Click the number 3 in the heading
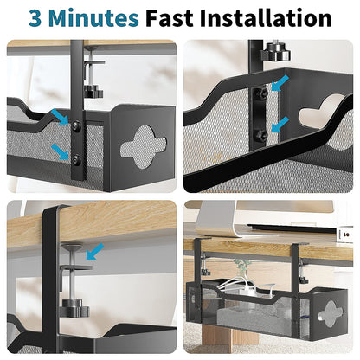(36, 17)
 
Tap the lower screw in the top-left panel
(76, 159)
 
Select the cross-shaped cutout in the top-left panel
(138, 147)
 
